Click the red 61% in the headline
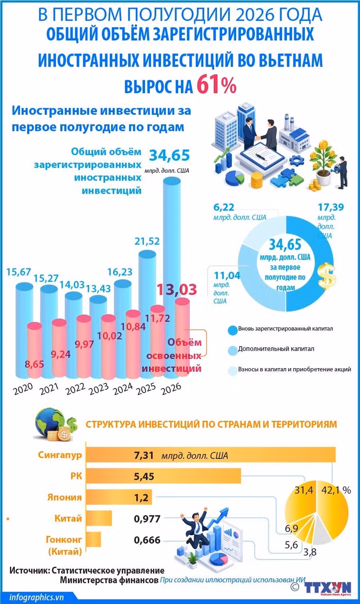point(216,85)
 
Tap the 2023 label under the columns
point(99,389)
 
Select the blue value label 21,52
point(147,241)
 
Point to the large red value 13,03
point(177,289)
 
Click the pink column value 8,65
point(34,364)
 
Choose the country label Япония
point(64,497)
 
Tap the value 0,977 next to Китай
point(147,518)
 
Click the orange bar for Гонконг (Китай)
point(93,539)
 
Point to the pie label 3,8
point(310,552)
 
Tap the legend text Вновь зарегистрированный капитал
point(285,329)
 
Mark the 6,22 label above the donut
point(224,207)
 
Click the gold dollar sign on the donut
point(327,275)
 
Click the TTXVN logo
point(328,587)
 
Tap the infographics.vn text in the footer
point(36,597)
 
